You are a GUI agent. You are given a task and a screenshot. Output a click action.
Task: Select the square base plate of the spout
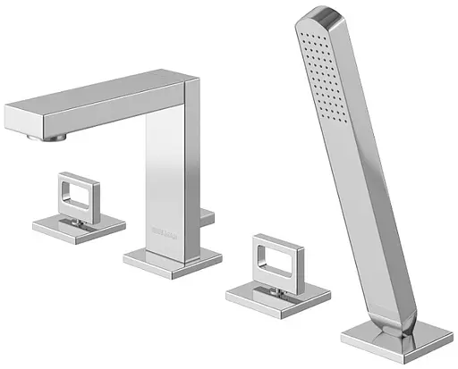click(x=172, y=259)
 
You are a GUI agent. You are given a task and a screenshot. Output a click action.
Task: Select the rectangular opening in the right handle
click(x=274, y=265)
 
